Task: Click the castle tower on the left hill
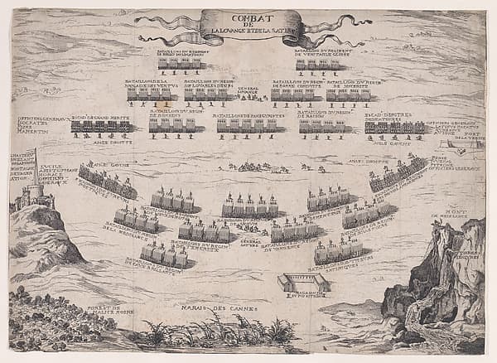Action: click(35, 195)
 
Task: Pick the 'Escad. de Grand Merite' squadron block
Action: click(99, 126)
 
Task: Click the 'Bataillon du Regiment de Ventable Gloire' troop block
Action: click(317, 64)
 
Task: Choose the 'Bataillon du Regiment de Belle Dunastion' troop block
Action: click(180, 63)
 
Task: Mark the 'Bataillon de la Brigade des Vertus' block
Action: click(148, 94)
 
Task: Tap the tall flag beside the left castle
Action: click(36, 163)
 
